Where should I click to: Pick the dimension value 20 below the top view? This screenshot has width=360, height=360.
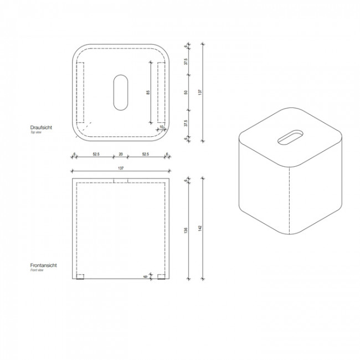click(x=121, y=155)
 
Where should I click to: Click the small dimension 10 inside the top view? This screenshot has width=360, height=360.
click(x=162, y=127)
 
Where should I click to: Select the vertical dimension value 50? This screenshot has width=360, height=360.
click(x=187, y=92)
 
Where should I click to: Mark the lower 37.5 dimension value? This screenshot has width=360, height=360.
click(x=187, y=122)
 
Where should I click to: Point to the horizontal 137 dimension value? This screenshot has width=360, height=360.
click(x=121, y=168)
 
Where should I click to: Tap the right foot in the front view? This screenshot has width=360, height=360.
click(x=161, y=277)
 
